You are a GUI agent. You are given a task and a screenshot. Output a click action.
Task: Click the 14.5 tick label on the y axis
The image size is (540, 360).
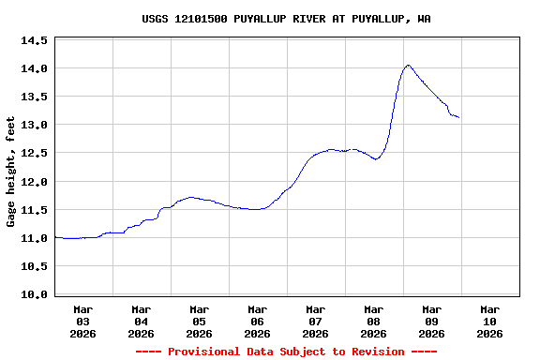[34, 41]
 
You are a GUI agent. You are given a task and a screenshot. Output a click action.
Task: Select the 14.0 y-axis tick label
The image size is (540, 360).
[34, 69]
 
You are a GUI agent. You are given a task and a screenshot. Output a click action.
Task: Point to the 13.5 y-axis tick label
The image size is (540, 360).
[34, 97]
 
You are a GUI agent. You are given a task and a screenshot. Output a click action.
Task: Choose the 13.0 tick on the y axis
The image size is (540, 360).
[34, 126]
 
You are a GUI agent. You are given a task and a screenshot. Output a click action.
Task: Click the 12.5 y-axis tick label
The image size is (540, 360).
[34, 154]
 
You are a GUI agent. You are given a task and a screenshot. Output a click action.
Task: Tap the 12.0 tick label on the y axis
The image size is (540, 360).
[34, 182]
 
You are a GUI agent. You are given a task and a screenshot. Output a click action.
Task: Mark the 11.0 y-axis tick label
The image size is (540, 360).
[34, 238]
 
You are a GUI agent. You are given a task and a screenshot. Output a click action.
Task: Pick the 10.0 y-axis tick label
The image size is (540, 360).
[34, 294]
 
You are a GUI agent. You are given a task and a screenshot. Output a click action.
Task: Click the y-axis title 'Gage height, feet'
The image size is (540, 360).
[11, 172]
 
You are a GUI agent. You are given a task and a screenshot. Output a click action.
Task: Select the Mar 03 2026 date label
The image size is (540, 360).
[82, 321]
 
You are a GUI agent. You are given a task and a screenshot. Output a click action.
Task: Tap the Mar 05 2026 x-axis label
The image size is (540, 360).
[199, 321]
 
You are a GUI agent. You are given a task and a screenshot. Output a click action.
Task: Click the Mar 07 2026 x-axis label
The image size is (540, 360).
[315, 321]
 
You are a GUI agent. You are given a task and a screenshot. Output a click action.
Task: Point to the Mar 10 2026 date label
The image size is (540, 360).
[489, 321]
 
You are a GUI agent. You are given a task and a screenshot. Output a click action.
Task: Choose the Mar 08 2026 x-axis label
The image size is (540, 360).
[373, 321]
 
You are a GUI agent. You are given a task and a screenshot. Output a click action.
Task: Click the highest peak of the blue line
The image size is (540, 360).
[408, 66]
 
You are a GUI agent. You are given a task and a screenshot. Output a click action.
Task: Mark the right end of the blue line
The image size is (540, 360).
[458, 117]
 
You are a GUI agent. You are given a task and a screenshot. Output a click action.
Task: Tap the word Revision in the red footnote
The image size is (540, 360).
[374, 352]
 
